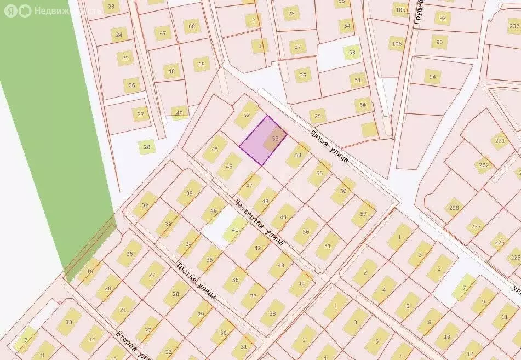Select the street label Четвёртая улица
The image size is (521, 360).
(x=259, y=222)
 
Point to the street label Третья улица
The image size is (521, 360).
(x=196, y=281)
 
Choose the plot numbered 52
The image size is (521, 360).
(x=247, y=115)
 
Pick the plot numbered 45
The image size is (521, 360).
(x=215, y=150)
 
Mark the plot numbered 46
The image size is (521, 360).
(x=229, y=167)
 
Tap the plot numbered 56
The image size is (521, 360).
(x=343, y=191)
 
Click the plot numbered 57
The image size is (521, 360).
(x=364, y=214)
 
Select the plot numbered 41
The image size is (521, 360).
(x=235, y=229)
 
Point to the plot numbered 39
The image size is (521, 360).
(x=190, y=193)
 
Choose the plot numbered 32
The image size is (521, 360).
(x=145, y=205)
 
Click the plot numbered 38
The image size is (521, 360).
(x=272, y=313)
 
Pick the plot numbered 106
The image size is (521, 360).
(x=396, y=44)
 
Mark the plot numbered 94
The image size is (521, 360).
(x=433, y=77)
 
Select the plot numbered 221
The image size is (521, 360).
(x=500, y=141)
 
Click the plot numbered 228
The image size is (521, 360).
(x=454, y=208)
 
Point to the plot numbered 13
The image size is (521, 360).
(x=68, y=323)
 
